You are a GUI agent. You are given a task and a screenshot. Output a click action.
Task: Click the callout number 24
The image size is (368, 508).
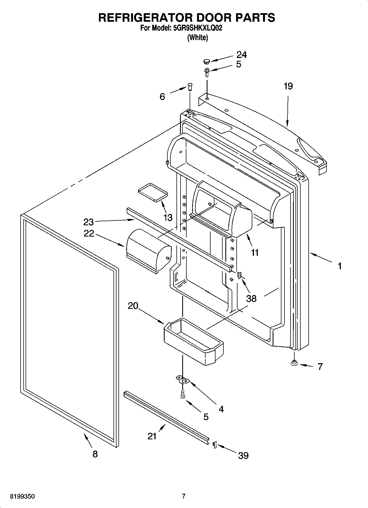coord(242,55)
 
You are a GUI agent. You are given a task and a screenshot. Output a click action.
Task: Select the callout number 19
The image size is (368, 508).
coord(288,86)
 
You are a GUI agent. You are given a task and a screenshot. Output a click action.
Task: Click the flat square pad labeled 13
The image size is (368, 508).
coord(153,192)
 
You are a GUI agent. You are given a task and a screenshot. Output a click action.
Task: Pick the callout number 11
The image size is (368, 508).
coord(255,252)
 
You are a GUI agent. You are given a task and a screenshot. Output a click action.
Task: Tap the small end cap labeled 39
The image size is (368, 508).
coord(215,444)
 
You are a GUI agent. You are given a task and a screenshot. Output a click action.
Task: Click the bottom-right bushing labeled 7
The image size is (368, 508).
coord(294,363)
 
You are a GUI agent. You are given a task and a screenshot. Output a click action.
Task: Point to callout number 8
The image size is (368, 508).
coord(95,454)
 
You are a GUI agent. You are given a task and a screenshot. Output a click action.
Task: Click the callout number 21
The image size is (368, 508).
coord(152,436)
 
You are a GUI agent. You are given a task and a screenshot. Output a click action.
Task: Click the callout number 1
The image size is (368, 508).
coord(340,266)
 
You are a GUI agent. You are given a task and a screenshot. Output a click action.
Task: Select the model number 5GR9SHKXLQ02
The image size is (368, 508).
coord(198,28)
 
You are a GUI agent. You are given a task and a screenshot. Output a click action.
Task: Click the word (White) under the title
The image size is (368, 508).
coord(197,38)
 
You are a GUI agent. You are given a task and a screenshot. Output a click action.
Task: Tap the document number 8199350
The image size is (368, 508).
coord(22,496)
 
